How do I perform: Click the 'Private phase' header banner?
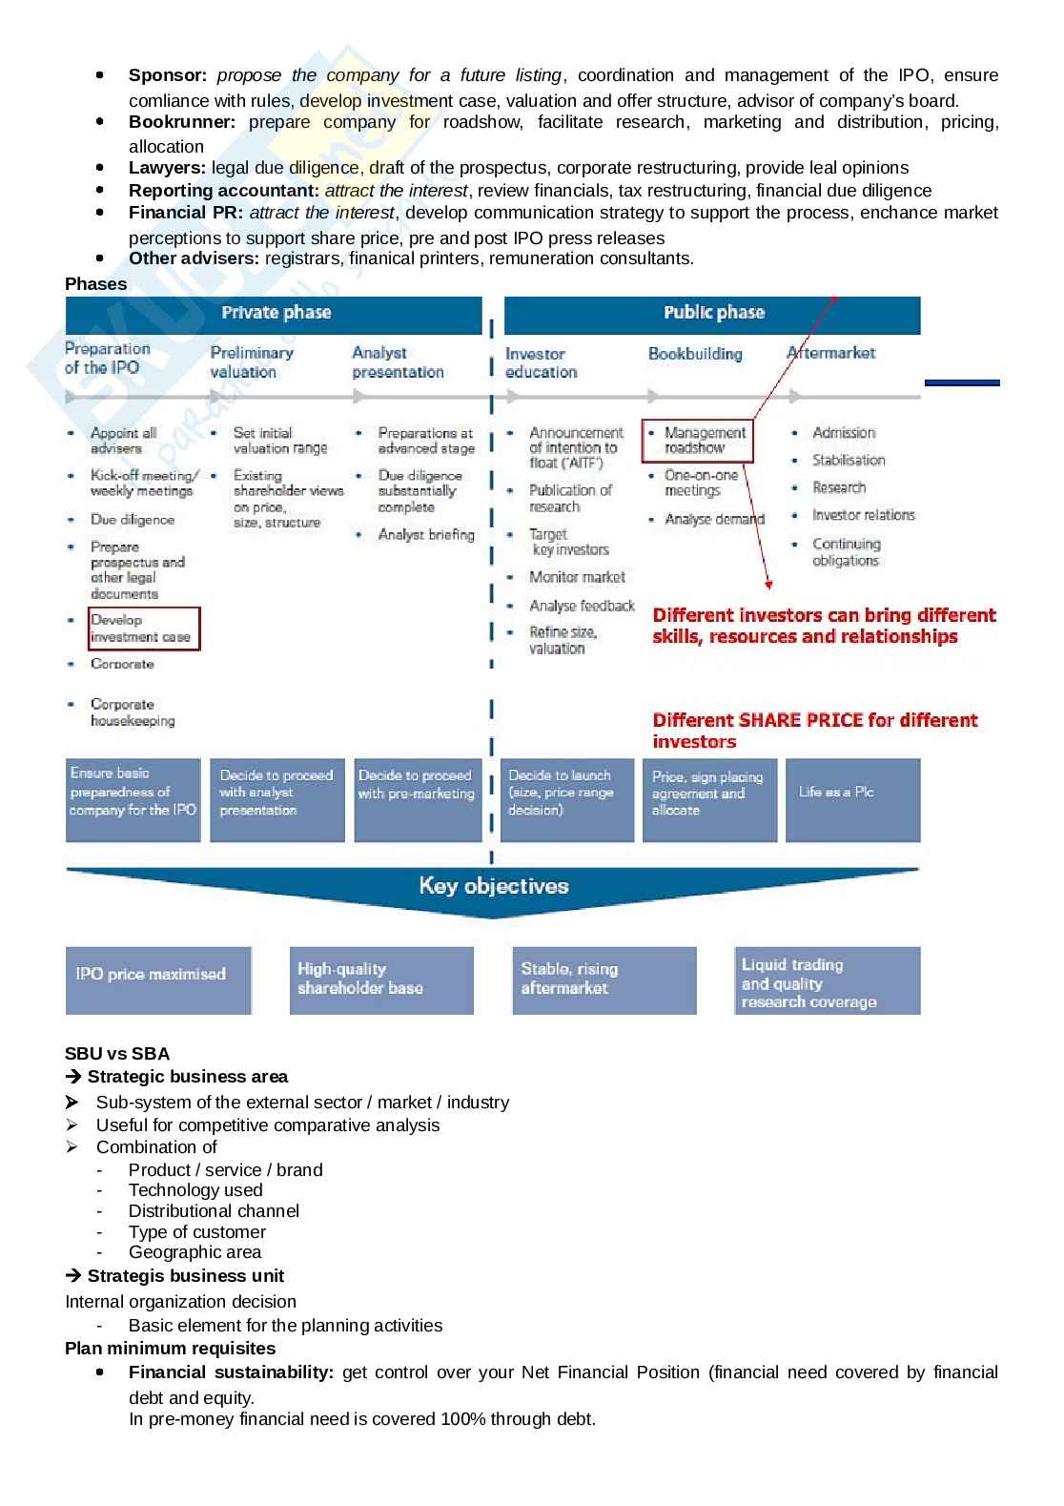[x=275, y=314]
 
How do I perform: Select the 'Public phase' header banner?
[x=713, y=314]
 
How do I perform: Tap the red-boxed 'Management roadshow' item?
[x=698, y=441]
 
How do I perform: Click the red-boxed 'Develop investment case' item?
[x=144, y=629]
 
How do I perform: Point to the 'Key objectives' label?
[x=493, y=886]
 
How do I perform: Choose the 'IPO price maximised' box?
[x=158, y=980]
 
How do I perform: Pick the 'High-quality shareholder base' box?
[x=380, y=980]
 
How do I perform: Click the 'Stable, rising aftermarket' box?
[x=604, y=980]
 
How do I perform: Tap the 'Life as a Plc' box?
[x=852, y=799]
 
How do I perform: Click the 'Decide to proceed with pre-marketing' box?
[x=418, y=799]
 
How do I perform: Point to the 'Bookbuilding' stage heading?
[x=695, y=354]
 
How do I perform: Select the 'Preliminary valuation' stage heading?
[x=252, y=362]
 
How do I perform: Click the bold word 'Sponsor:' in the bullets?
[x=168, y=75]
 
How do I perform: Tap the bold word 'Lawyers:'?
[x=167, y=168]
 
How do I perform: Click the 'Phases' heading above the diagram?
[x=95, y=284]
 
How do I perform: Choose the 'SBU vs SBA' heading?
[x=117, y=1054]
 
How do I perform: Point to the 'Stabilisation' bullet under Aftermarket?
[x=849, y=461]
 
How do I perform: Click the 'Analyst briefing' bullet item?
[x=425, y=535]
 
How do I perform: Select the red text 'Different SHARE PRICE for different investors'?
[x=815, y=731]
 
